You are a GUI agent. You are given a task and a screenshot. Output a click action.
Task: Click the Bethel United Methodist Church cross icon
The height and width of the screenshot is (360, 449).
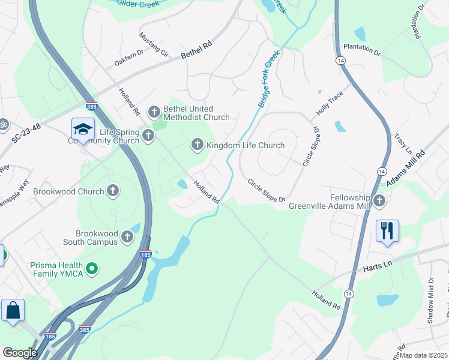154,112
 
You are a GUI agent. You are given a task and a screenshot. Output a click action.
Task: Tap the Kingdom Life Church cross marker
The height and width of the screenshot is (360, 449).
197,145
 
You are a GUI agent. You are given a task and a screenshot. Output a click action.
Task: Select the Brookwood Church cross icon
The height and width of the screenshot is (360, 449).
112,191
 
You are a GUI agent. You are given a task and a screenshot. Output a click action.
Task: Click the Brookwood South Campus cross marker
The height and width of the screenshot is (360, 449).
127,237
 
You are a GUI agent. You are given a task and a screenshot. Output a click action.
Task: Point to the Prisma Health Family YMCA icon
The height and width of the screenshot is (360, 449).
92,269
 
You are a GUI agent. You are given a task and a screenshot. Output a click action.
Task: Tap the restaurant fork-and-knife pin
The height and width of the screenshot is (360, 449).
387,230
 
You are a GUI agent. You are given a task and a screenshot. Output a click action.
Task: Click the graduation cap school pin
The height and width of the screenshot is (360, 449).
82,129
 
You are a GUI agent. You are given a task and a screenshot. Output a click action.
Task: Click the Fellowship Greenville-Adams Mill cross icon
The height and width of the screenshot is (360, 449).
379,201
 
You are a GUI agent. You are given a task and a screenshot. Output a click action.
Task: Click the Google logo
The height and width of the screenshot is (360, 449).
20,352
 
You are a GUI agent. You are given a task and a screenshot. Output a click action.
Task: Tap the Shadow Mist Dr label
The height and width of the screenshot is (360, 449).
430,300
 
